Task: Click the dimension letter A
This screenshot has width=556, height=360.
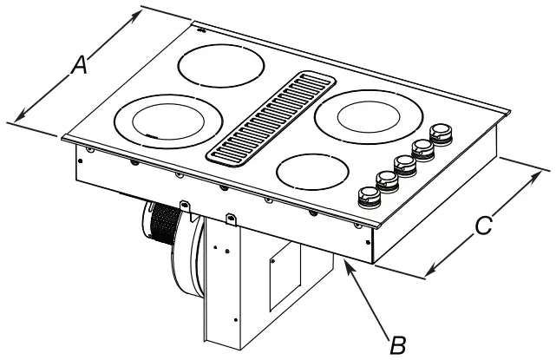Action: point(79,64)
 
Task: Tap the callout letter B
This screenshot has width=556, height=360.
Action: point(396,344)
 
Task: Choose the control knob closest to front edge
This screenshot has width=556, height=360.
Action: point(366,195)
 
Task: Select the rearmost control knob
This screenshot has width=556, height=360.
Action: point(442,133)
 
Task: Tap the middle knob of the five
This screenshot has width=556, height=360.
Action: point(405,164)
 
